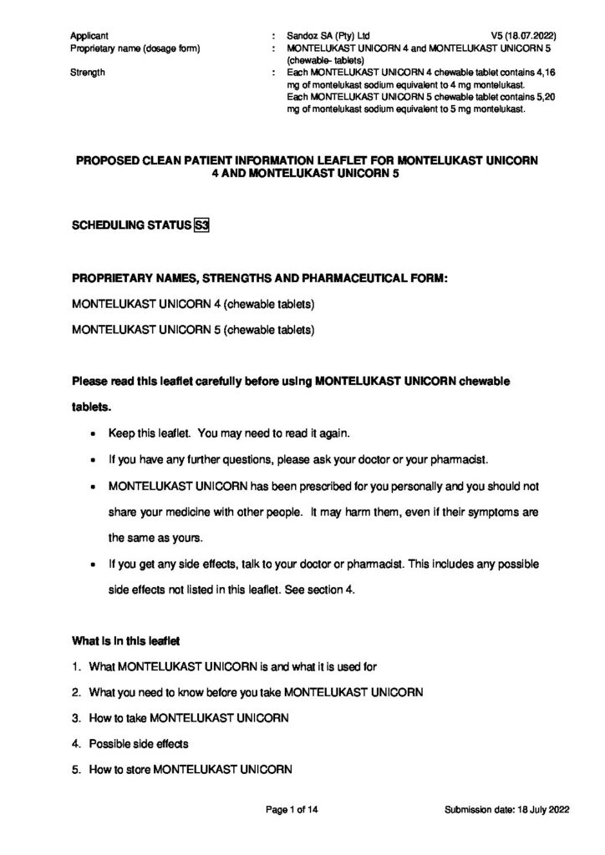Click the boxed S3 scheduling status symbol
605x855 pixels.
tap(201, 225)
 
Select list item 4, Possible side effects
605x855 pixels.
tap(138, 744)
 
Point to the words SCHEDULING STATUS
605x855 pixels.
tap(131, 225)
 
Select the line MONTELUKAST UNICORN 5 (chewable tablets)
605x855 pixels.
tap(193, 329)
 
